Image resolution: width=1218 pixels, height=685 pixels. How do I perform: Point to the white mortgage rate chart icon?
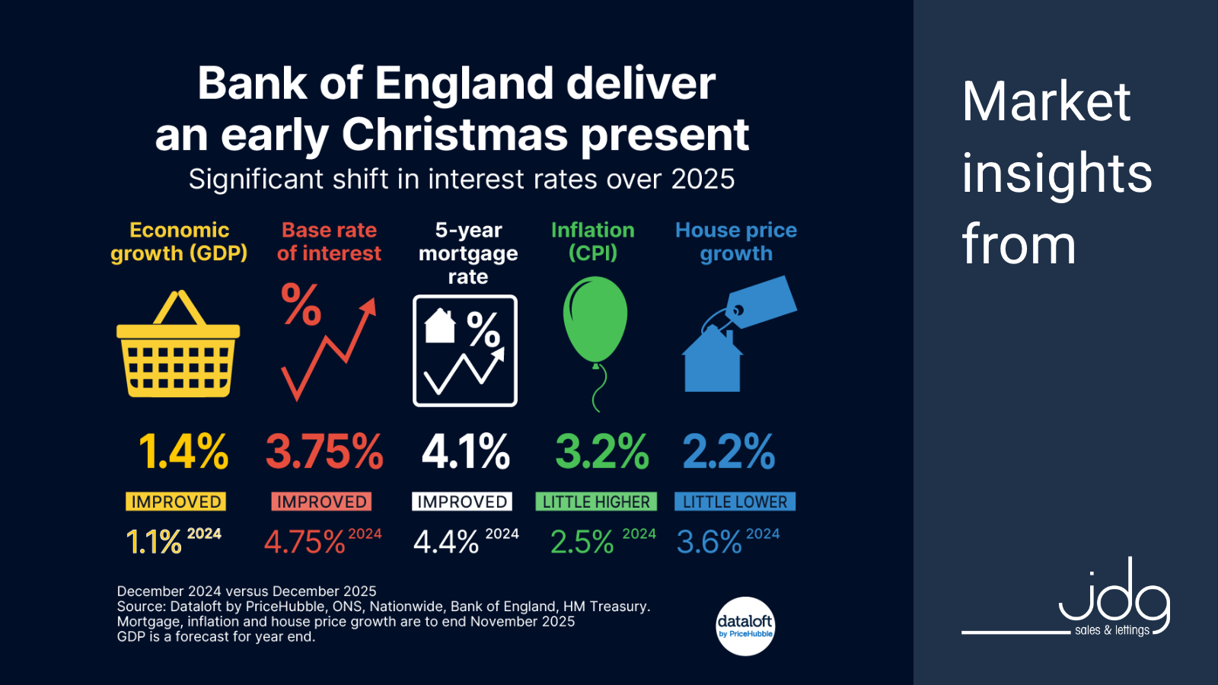(465, 351)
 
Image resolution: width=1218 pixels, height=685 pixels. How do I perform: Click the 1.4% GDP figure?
(183, 451)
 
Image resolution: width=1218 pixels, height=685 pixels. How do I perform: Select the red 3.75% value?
(324, 451)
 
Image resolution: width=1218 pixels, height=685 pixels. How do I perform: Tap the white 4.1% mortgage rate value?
(465, 451)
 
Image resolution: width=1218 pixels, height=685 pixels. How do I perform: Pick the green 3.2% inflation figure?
(601, 451)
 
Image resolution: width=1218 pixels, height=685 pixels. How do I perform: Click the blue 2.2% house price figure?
(729, 451)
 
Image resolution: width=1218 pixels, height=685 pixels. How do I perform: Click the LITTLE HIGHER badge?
(596, 502)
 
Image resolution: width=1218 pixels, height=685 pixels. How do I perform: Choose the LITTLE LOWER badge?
(735, 502)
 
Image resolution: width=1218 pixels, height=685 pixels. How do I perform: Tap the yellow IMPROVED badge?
(176, 502)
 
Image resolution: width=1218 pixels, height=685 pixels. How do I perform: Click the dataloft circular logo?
(745, 626)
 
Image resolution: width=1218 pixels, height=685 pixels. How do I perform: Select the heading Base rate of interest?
(329, 241)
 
